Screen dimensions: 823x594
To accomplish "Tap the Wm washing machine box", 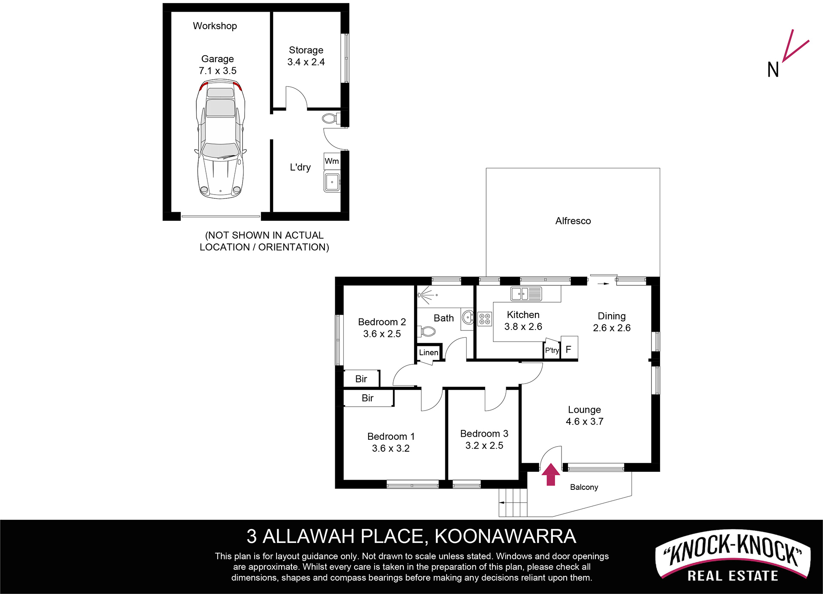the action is (332, 161).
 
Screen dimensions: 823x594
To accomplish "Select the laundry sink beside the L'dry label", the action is (332, 182).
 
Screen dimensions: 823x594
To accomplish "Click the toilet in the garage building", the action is (331, 118).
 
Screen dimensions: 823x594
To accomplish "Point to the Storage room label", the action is (306, 50).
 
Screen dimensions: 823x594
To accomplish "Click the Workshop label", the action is (215, 26).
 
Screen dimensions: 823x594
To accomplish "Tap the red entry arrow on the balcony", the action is (551, 474).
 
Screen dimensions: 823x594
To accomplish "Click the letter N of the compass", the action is (773, 69).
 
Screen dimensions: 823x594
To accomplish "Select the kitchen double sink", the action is (526, 294).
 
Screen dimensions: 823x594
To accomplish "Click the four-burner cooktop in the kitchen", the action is (485, 319).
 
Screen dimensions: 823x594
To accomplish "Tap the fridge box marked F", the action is (569, 348).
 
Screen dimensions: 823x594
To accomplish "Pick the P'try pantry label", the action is (552, 350).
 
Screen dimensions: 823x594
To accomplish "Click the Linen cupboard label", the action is (429, 352).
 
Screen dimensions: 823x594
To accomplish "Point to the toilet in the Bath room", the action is (427, 331).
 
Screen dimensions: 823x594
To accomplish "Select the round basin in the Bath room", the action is (468, 318).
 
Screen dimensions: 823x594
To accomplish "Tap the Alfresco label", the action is (573, 221).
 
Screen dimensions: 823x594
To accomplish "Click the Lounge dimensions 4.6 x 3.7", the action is (585, 422).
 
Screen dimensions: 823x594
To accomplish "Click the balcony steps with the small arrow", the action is (513, 502).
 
